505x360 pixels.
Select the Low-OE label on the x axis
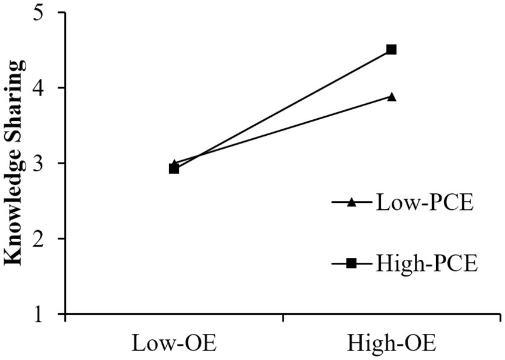pyautogui.click(x=174, y=343)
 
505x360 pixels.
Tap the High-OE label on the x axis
pyautogui.click(x=392, y=343)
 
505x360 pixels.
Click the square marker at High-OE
pyautogui.click(x=392, y=49)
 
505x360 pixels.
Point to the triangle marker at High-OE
pyautogui.click(x=392, y=96)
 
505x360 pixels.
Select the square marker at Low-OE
pyautogui.click(x=174, y=168)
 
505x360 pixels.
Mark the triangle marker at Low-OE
pyautogui.click(x=174, y=164)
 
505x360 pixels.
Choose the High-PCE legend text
pyautogui.click(x=427, y=263)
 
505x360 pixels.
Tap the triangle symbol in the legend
pyautogui.click(x=351, y=203)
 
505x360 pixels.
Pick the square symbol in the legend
pyautogui.click(x=351, y=263)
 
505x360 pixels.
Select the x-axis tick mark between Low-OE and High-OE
pyautogui.click(x=282, y=318)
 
